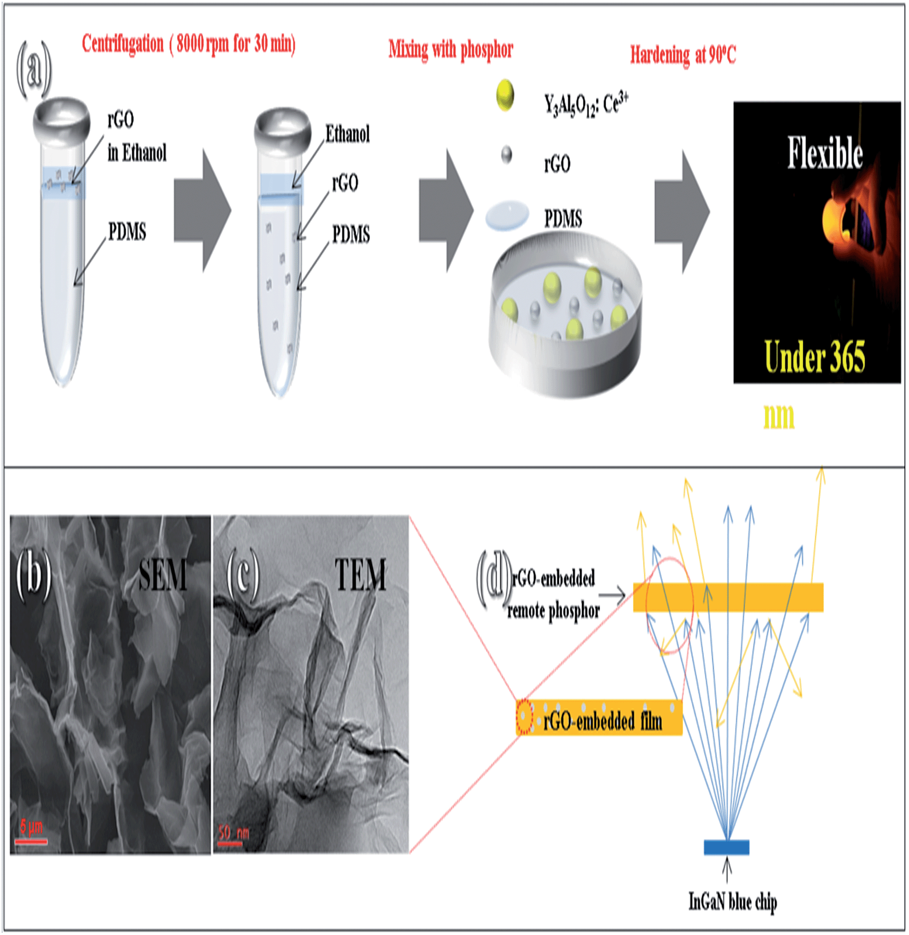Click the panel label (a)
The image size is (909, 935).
point(33,69)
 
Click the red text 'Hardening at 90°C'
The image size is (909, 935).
point(683,55)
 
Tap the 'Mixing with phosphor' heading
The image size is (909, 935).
point(451,50)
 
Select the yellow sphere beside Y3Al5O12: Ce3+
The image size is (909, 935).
point(505,95)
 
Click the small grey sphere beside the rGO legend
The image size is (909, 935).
point(506,155)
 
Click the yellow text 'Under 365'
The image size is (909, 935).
point(814,357)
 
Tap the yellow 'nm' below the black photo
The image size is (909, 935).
point(779,417)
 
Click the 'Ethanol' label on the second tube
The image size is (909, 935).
point(347,134)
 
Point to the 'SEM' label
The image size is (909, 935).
point(162,576)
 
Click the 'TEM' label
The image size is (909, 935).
point(360,575)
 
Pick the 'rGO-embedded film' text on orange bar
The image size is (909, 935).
point(602,721)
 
